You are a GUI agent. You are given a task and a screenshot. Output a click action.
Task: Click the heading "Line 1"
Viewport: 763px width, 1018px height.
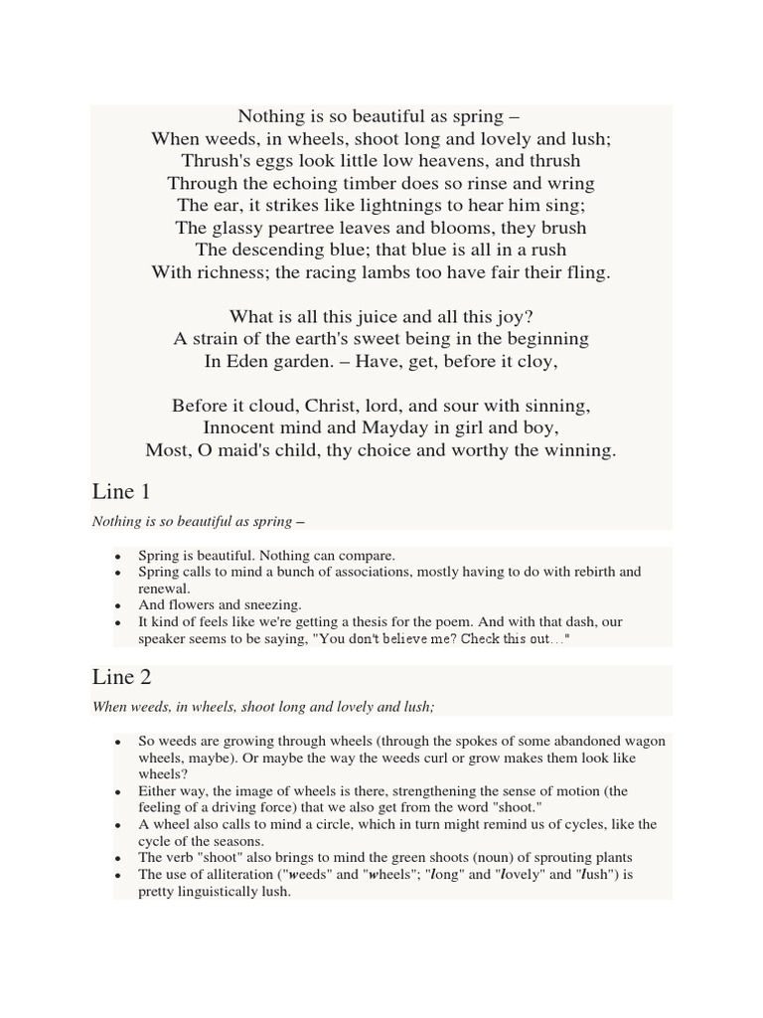point(120,491)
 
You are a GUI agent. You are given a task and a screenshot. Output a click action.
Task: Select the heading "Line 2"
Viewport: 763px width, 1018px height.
point(121,677)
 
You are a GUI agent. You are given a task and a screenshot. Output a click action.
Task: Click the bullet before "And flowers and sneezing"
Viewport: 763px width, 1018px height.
point(119,605)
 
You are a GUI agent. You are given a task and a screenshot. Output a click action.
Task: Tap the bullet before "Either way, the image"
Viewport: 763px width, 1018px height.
point(119,792)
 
